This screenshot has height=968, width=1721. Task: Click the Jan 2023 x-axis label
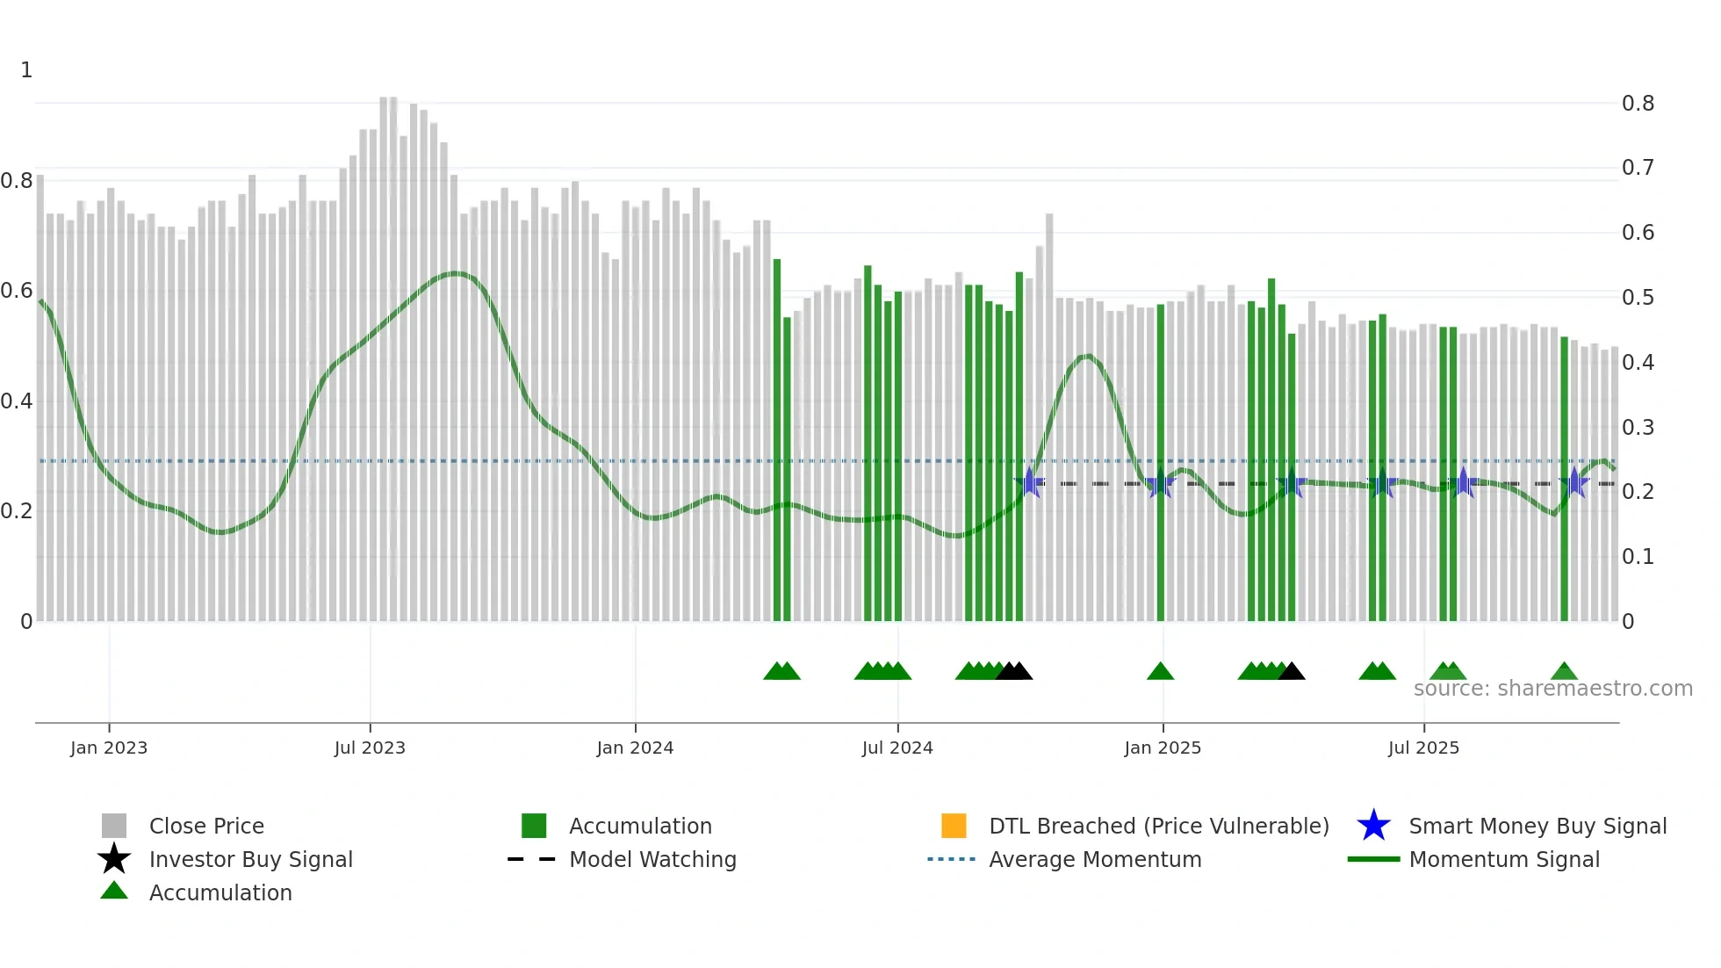[109, 748]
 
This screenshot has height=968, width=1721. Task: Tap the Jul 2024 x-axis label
[897, 748]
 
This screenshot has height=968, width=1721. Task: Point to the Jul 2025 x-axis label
[1423, 748]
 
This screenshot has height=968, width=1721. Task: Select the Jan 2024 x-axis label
[635, 748]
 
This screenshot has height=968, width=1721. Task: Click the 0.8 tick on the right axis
[1638, 104]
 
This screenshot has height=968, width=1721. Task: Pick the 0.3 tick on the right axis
[1638, 428]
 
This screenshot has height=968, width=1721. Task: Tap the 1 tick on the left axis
[26, 70]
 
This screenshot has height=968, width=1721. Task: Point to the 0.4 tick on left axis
[17, 401]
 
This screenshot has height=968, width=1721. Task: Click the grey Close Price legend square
[114, 826]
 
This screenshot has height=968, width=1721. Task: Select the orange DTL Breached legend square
[954, 826]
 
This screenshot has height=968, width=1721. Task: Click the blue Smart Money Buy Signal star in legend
[1373, 826]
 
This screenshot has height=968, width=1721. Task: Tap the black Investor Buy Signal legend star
[114, 859]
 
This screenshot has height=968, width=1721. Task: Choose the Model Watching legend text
[652, 859]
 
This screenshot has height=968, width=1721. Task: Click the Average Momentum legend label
[1095, 859]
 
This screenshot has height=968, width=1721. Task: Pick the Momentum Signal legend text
[1504, 859]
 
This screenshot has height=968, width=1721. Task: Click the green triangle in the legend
[114, 891]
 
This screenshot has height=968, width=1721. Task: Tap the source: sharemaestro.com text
[1552, 689]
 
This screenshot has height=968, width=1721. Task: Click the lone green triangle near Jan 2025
[1160, 672]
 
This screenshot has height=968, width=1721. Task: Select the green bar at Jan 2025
[1161, 466]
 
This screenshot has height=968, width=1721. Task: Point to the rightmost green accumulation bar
[1564, 479]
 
